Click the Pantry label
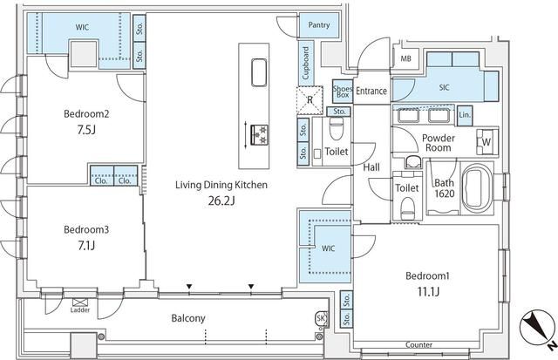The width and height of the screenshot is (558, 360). coord(319,25)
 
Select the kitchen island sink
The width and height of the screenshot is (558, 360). coord(259,72)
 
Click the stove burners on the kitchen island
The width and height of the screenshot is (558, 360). coord(260,135)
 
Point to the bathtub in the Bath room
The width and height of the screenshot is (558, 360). coord(477,188)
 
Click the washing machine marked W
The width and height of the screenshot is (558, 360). coord(487,141)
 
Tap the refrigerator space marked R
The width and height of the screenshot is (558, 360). coord(310,99)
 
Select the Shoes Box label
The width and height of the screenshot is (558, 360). coord(343,92)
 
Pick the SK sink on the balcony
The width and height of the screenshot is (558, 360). coord(321,318)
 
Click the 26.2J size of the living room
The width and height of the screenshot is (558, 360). coord(221,201)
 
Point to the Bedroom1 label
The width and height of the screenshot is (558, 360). coord(428,275)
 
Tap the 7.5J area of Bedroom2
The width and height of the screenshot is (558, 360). coord(86,130)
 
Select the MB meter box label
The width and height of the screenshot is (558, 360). coord(406,58)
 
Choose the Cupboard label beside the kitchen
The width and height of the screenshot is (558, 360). coord(306,64)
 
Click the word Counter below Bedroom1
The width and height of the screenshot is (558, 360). coord(418,344)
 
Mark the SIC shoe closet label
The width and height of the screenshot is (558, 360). coord(444,87)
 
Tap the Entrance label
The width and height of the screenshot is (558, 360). coord(371,91)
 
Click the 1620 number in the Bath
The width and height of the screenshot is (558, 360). coord(445,194)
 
